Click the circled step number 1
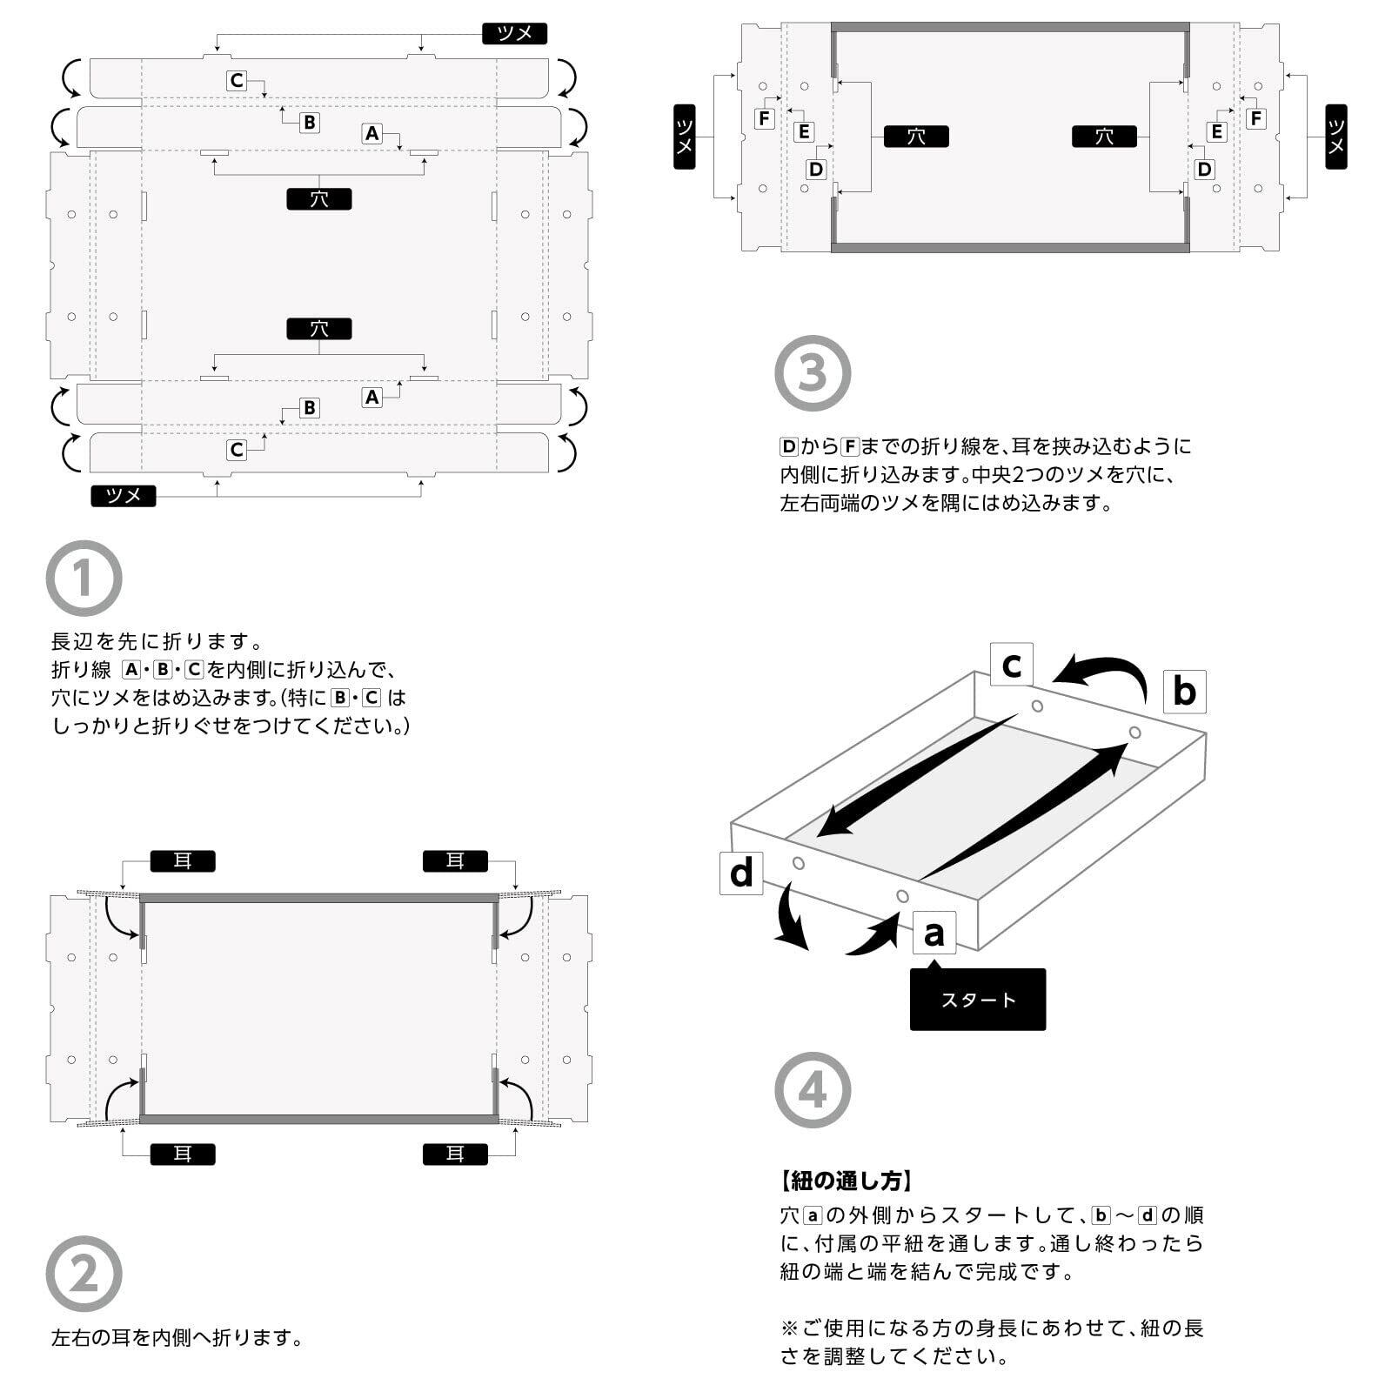[84, 579]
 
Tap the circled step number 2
[84, 1274]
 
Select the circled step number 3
[813, 373]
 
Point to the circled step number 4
[813, 1090]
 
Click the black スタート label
[977, 1000]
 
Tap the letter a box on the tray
[934, 933]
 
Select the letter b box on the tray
[1184, 692]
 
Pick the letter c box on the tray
[1011, 665]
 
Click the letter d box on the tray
[741, 873]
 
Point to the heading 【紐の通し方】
[846, 1181]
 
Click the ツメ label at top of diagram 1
[514, 34]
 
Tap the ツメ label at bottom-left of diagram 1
[124, 496]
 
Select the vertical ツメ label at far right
[1336, 137]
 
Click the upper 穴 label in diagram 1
[319, 199]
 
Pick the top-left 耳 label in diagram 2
[183, 861]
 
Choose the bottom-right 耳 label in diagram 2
[455, 1154]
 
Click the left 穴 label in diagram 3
[916, 137]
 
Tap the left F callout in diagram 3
[765, 118]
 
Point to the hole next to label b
[1134, 733]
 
